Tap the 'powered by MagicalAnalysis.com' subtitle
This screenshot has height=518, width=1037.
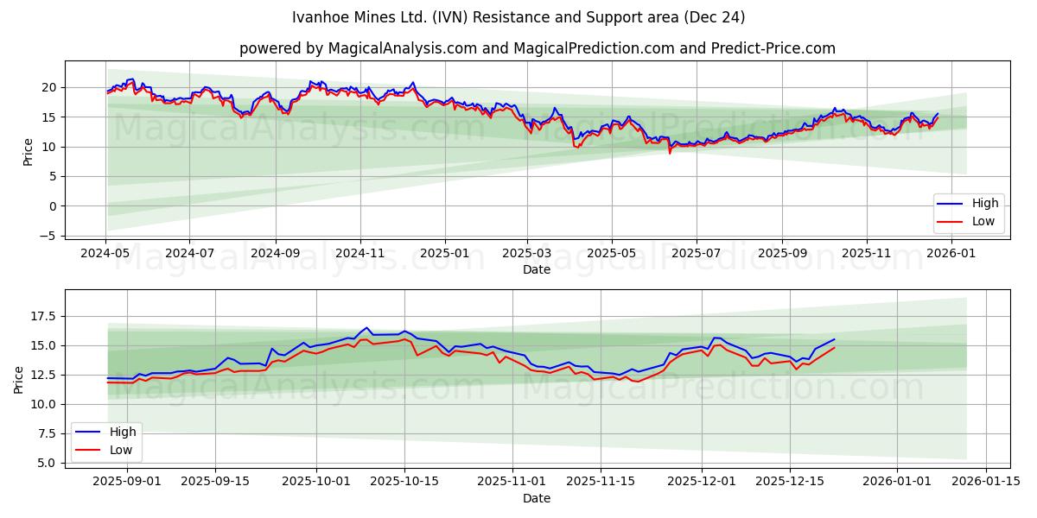(x=537, y=48)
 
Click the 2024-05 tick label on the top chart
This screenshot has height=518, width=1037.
(x=105, y=254)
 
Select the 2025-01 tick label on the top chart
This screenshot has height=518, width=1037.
(x=445, y=254)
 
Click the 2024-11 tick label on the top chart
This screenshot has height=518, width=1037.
(x=359, y=254)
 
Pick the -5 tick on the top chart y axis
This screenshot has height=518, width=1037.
(x=50, y=236)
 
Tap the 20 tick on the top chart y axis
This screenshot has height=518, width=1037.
(x=48, y=87)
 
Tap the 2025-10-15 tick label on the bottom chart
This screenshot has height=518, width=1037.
(x=404, y=482)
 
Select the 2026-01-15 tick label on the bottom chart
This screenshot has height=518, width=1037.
(x=984, y=482)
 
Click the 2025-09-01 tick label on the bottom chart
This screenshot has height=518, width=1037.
(x=127, y=482)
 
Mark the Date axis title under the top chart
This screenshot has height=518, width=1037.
(x=537, y=269)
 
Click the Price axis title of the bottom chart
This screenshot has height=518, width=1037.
(x=19, y=380)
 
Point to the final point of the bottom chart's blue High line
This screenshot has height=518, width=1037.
(x=834, y=339)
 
